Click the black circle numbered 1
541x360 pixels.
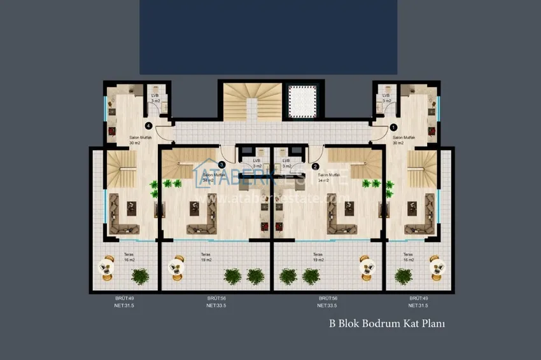click(x=393, y=127)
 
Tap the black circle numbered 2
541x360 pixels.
click(x=316, y=167)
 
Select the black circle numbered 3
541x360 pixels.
click(x=221, y=165)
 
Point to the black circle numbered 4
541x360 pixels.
click(x=148, y=126)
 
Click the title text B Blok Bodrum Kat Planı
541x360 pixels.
click(x=386, y=323)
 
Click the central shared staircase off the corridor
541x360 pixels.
click(x=252, y=101)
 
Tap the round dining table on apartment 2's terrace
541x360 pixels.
click(x=365, y=268)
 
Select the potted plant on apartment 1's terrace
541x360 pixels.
click(x=403, y=275)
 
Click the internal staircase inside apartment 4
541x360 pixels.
click(x=121, y=169)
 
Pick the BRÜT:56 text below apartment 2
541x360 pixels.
click(x=327, y=298)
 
